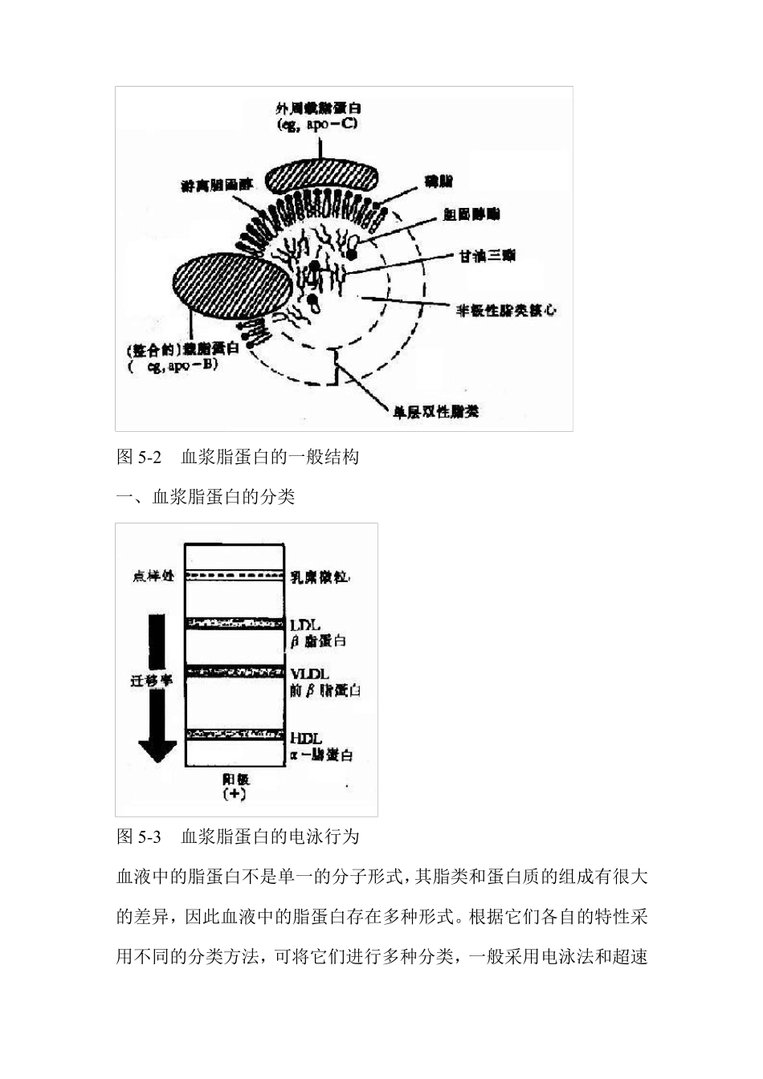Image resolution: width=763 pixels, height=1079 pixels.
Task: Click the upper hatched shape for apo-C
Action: [x=320, y=177]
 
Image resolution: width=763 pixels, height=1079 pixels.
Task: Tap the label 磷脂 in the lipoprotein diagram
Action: [x=439, y=183]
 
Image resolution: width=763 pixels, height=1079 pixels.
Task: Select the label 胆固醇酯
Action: [x=471, y=214]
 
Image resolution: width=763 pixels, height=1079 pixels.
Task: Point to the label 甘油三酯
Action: [x=487, y=256]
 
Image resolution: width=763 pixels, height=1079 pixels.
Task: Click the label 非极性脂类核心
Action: [x=506, y=310]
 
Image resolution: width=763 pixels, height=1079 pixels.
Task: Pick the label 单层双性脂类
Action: [x=435, y=412]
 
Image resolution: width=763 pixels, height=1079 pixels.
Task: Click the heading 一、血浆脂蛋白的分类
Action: [x=206, y=497]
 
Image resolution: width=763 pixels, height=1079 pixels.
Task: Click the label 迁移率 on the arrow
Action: [x=152, y=680]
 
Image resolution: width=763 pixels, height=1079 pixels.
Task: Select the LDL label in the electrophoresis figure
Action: [x=305, y=624]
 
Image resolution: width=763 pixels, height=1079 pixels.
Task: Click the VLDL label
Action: [x=310, y=674]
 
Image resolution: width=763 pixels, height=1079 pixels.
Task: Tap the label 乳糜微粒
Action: [x=319, y=576]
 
